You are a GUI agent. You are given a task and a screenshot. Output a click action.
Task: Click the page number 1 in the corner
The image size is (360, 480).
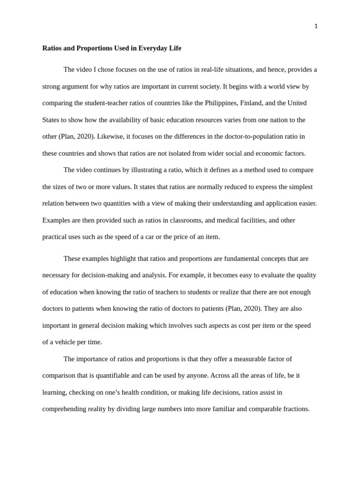tap(316, 26)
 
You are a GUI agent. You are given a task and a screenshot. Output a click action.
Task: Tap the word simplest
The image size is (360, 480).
tap(299, 187)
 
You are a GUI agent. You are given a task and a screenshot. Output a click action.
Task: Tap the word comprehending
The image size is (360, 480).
tap(64, 409)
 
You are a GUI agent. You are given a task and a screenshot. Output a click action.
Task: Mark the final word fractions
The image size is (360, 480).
tap(294, 409)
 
